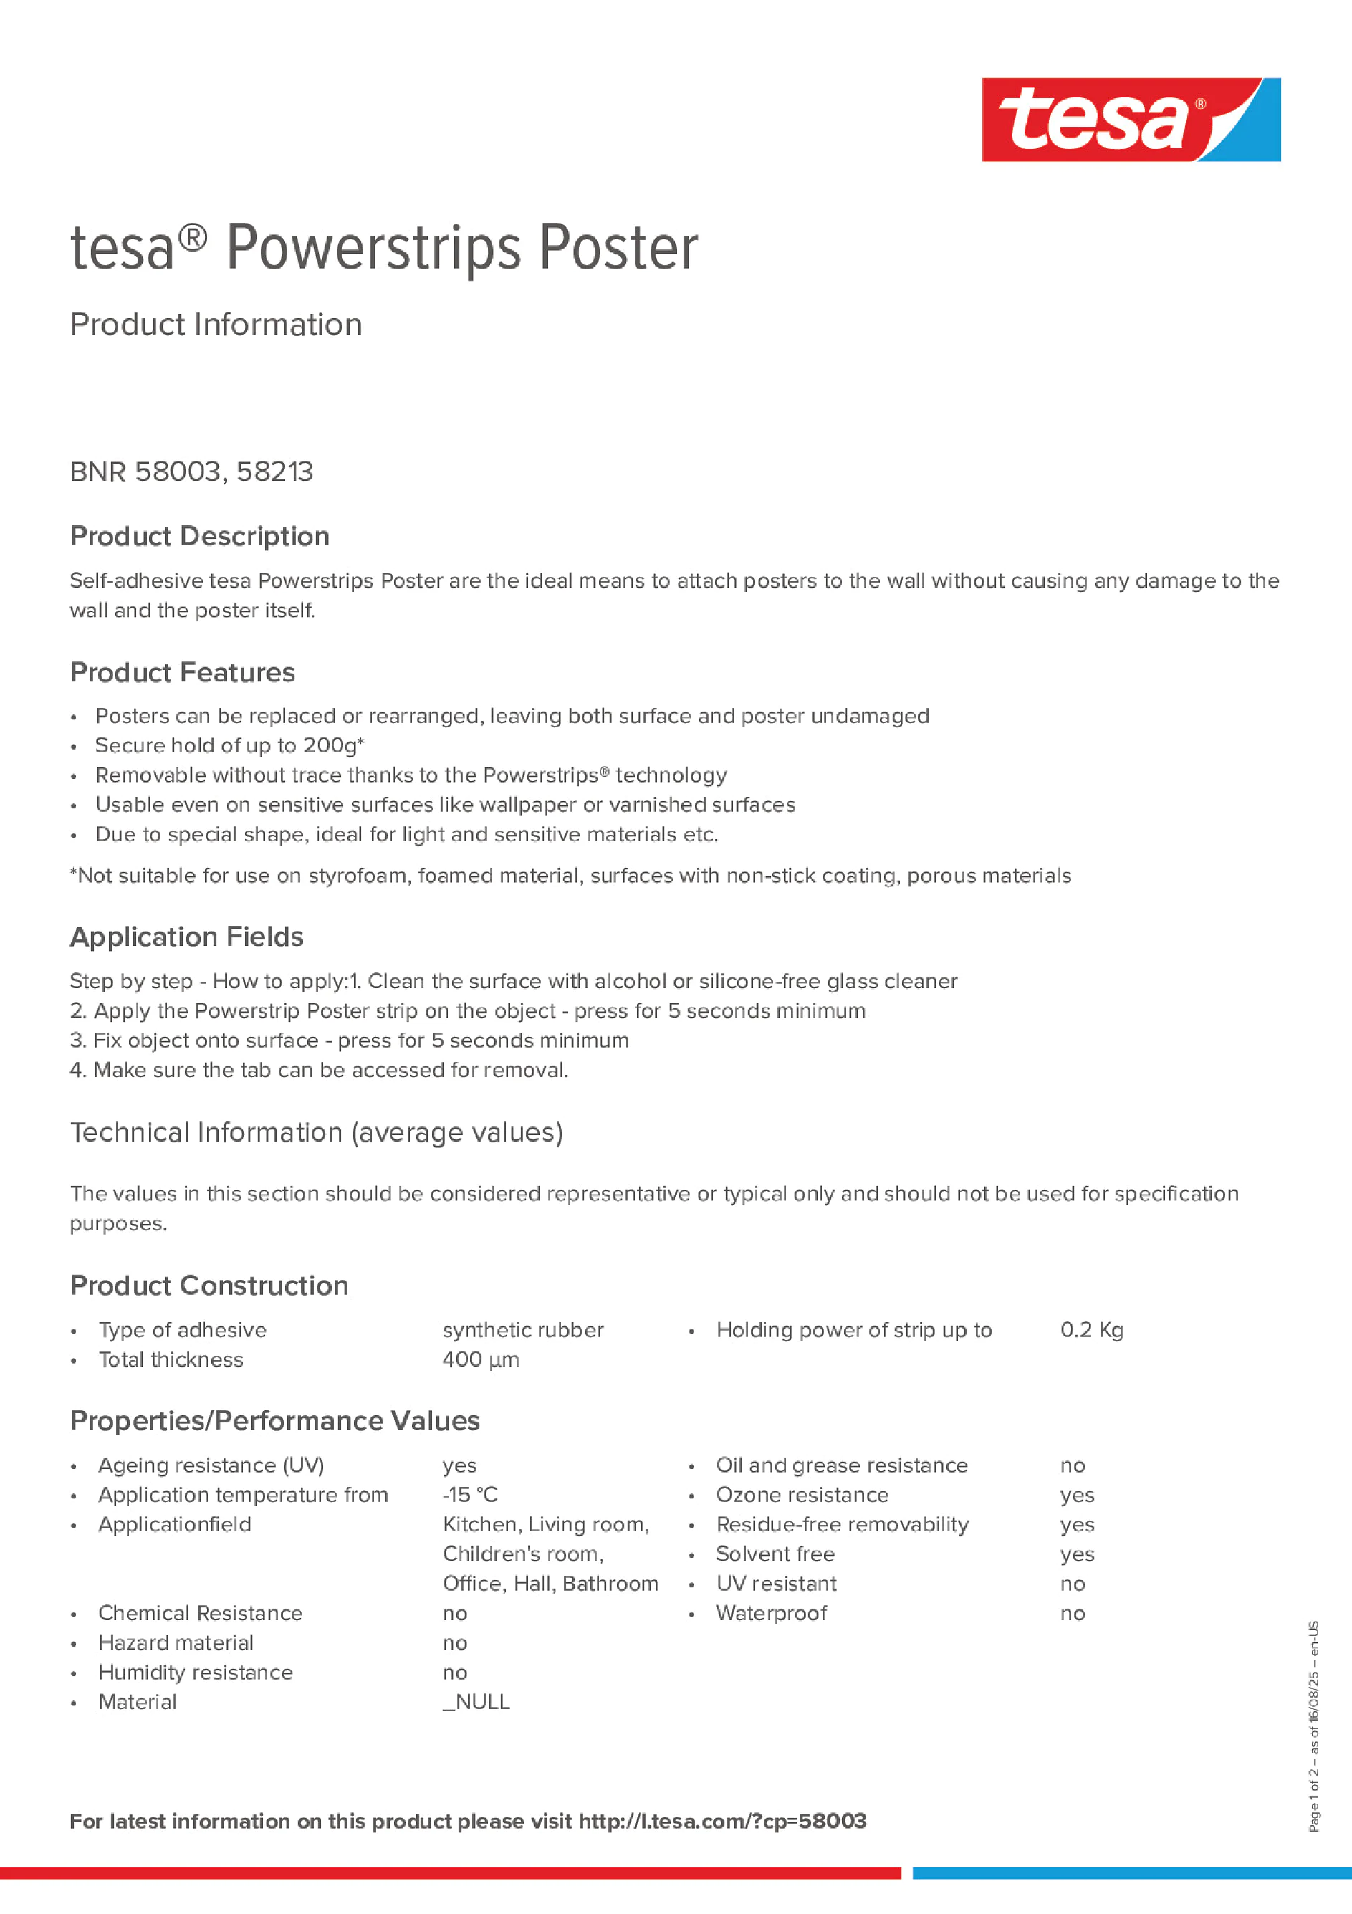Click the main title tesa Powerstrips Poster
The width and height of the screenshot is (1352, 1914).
pos(383,249)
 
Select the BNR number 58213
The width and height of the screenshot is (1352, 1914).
pos(274,472)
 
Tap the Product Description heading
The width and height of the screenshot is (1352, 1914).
pos(199,536)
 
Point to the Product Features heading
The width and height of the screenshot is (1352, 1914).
pos(182,673)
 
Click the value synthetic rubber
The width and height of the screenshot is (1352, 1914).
pos(522,1330)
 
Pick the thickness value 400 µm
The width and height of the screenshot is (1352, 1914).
pos(480,1359)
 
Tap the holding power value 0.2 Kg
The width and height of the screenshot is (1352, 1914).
pos(1091,1330)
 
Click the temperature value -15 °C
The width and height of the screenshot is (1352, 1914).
pos(469,1495)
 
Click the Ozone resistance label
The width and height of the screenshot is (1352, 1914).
pos(802,1495)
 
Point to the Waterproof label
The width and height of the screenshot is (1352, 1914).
pos(771,1613)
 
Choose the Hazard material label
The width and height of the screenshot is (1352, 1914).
pos(176,1642)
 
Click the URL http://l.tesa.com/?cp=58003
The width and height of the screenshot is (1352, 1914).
pos(721,1821)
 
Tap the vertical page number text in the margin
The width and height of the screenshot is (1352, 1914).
pos(1313,1726)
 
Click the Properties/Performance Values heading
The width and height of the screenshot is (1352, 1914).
pos(274,1420)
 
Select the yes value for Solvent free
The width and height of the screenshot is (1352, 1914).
pos(1077,1555)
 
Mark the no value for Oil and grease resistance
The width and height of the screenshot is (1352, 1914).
pos(1072,1465)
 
